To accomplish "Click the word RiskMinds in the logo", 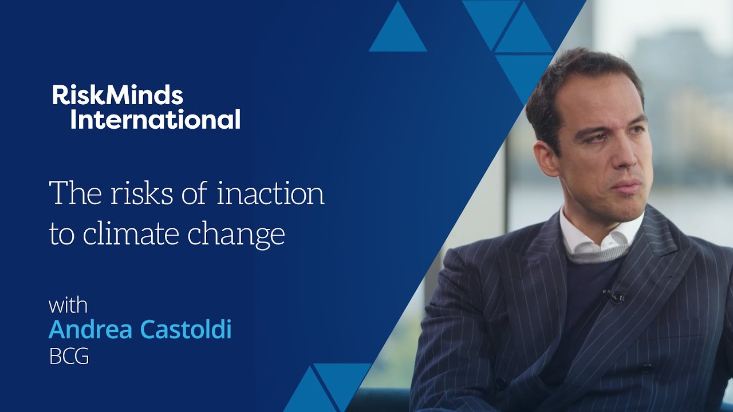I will [117, 95].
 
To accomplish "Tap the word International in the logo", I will [155, 120].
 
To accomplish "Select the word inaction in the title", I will [270, 193].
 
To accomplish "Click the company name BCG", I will [69, 356].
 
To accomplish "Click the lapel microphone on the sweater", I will [614, 296].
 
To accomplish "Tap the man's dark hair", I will [578, 80].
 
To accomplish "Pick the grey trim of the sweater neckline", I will [596, 255].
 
